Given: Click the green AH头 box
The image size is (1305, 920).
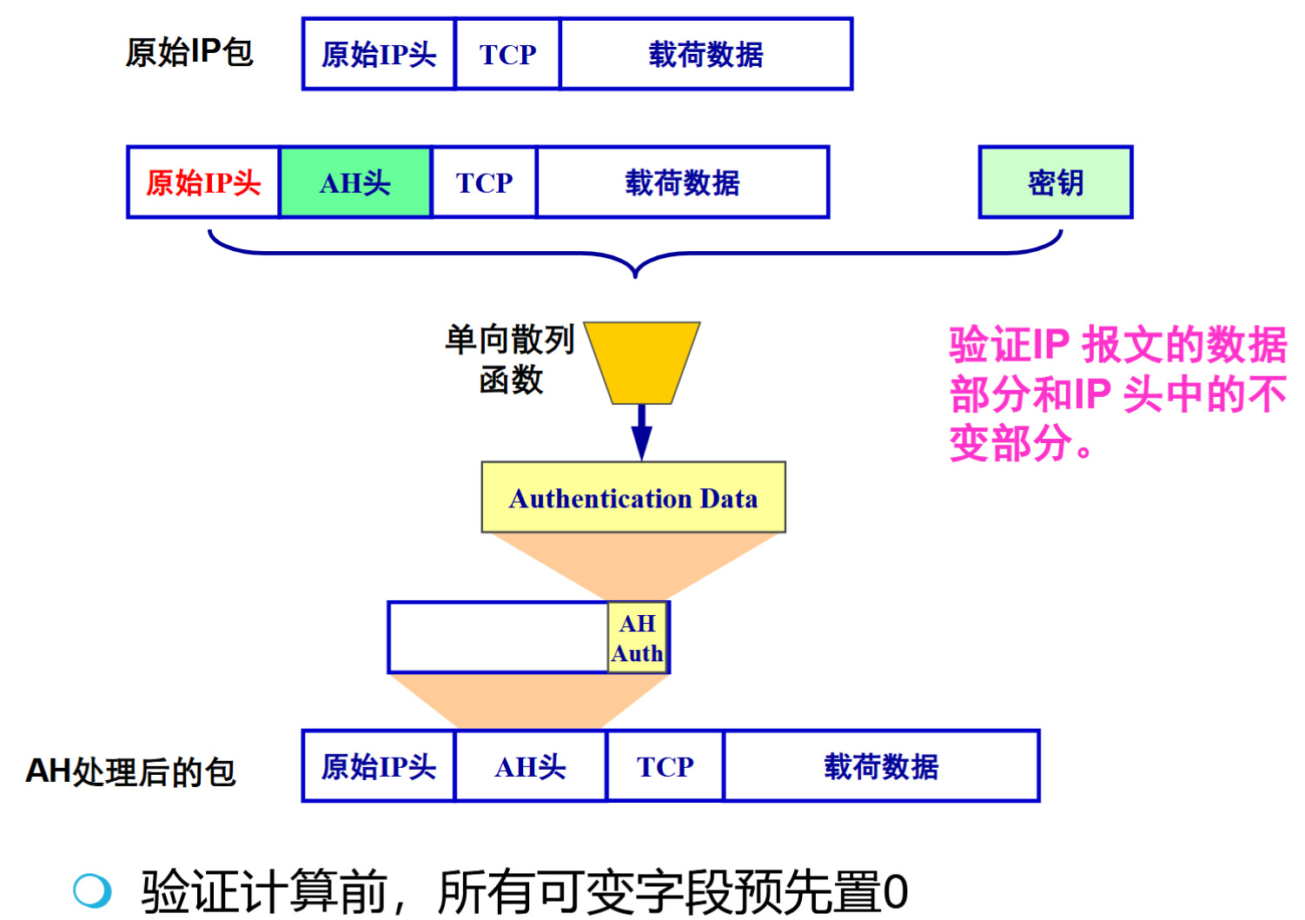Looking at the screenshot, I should (355, 182).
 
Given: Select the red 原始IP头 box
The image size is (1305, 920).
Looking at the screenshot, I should (203, 182).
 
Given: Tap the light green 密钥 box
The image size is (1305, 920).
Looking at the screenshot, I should (1056, 182).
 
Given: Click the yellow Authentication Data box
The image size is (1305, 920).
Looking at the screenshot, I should (633, 498).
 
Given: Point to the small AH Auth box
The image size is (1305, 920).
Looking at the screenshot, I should (638, 638).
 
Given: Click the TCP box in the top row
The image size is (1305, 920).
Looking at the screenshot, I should (507, 54).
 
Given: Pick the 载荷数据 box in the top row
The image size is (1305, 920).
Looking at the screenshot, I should (705, 54).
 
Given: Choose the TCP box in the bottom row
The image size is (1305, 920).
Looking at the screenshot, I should (665, 766).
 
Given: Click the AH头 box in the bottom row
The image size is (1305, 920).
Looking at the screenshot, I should (530, 766).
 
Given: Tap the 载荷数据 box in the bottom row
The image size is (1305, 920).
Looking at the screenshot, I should (881, 766).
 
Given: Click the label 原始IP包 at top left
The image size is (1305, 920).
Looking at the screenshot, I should (189, 52).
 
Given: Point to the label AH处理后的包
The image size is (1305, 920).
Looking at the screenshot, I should (130, 771).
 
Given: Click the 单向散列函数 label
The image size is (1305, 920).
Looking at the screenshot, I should (510, 359).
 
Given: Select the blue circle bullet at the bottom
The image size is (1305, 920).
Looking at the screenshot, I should (92, 890).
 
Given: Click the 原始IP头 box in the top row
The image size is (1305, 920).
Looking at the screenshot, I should (379, 54).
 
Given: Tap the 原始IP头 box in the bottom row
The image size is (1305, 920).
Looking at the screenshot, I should (379, 766).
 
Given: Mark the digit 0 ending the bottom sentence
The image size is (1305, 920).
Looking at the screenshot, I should (895, 892).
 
